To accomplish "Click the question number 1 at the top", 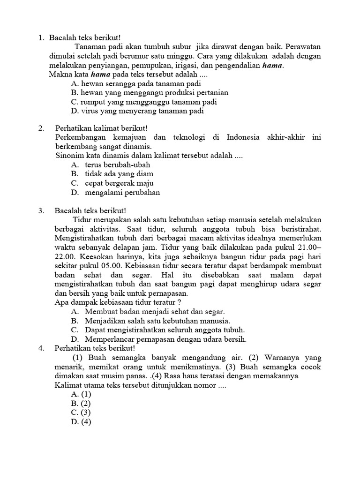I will pos(41,38).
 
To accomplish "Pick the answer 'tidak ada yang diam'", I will pos(119,174).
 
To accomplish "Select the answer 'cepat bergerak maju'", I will pos(119,183).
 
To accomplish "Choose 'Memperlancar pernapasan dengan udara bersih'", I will pos(165,339).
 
